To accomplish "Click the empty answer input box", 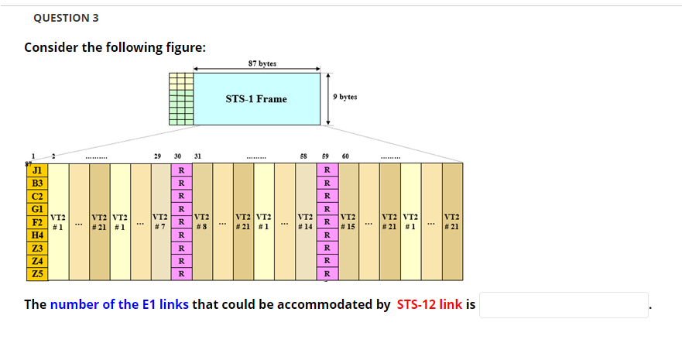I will pyautogui.click(x=564, y=304).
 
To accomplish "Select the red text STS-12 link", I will pyautogui.click(x=429, y=304).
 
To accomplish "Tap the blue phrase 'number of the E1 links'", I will pyautogui.click(x=119, y=304).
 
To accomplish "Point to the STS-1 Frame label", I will pyautogui.click(x=255, y=99).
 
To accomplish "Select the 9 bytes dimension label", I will pyautogui.click(x=345, y=98).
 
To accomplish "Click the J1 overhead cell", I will pyautogui.click(x=36, y=170).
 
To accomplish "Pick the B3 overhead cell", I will pyautogui.click(x=36, y=183).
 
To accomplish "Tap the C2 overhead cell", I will pyautogui.click(x=36, y=196).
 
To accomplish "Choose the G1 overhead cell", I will pyautogui.click(x=36, y=209).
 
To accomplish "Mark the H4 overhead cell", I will pyautogui.click(x=36, y=234).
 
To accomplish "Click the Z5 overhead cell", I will pyautogui.click(x=36, y=273).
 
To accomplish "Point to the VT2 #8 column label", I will pyautogui.click(x=202, y=221).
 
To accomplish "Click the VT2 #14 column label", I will pyautogui.click(x=305, y=221).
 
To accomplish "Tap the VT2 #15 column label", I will pyautogui.click(x=348, y=221).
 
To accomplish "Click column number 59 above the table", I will pyautogui.click(x=326, y=156).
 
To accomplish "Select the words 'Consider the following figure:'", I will pyautogui.click(x=115, y=47).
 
